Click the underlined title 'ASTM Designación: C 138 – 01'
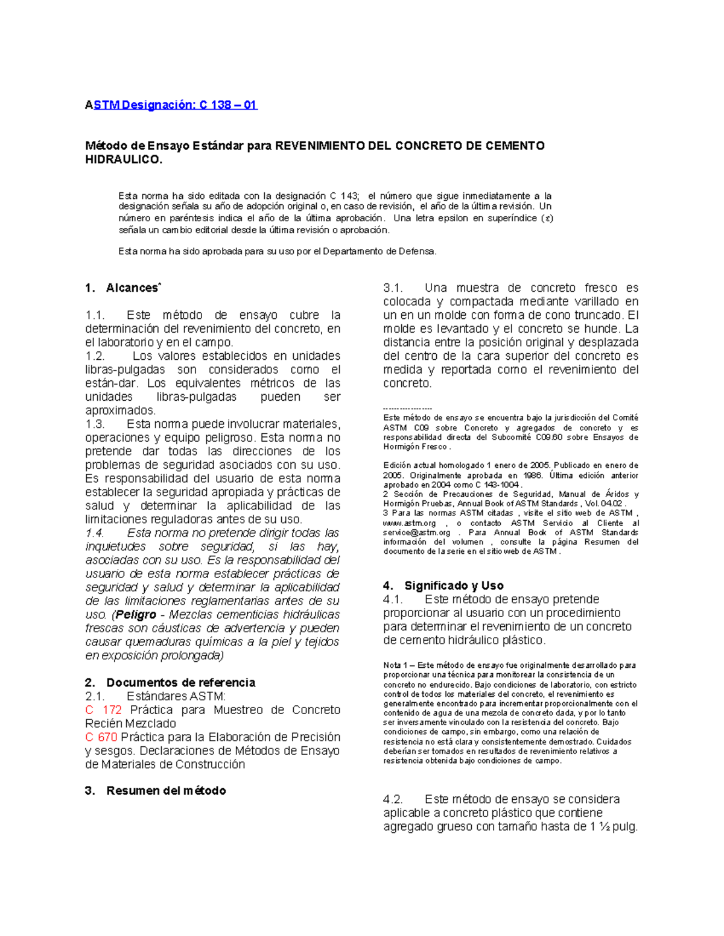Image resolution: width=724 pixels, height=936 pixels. (171, 105)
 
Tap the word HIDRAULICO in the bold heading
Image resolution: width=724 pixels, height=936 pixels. (123, 160)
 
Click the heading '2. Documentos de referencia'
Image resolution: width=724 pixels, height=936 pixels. (170, 682)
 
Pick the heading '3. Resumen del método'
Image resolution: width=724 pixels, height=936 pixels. (156, 791)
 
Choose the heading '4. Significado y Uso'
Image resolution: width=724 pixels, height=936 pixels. (443, 585)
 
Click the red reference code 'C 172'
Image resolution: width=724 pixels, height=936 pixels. (104, 710)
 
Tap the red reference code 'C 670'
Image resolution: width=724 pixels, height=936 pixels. (101, 737)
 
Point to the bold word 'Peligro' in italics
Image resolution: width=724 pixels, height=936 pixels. (136, 615)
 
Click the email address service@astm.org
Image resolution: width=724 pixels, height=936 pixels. (417, 533)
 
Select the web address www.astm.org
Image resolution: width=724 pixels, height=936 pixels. (410, 523)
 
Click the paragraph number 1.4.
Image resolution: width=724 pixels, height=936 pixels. (95, 533)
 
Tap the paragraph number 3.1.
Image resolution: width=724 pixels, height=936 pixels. (393, 288)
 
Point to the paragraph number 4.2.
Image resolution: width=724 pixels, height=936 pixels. (393, 799)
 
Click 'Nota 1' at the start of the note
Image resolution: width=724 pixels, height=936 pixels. (395, 665)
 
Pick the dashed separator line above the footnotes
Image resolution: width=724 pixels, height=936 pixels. (408, 409)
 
